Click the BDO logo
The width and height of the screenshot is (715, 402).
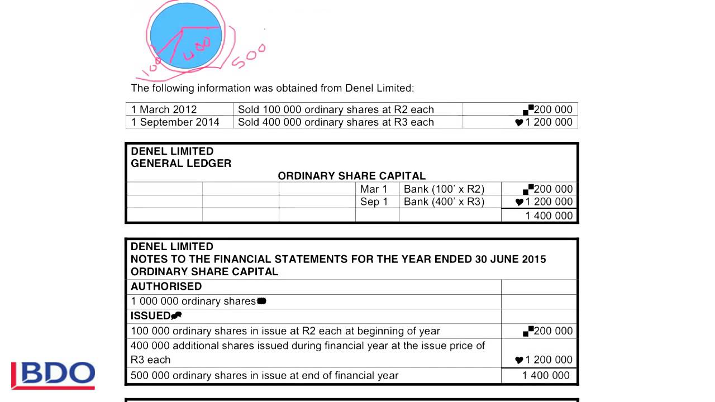click(x=54, y=375)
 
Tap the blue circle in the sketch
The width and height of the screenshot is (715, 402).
click(x=186, y=35)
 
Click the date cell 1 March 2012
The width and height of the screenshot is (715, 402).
click(x=164, y=109)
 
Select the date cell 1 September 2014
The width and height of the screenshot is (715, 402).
click(x=175, y=122)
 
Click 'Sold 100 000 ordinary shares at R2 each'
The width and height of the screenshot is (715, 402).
click(x=336, y=109)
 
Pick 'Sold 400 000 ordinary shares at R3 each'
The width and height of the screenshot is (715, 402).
click(x=336, y=122)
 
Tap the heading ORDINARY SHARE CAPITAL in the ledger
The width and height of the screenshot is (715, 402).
click(x=351, y=176)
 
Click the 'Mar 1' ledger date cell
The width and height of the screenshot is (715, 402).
click(x=374, y=189)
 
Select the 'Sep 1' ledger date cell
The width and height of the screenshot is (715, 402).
click(x=374, y=202)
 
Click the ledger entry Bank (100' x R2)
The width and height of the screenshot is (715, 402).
click(x=444, y=189)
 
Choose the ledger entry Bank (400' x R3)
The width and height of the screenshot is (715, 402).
click(x=444, y=202)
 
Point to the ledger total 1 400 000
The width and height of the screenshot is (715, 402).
click(x=549, y=216)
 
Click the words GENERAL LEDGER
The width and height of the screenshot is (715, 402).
click(x=181, y=164)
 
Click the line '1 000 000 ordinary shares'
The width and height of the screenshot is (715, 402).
click(x=193, y=301)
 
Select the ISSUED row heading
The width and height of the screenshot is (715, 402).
click(x=151, y=316)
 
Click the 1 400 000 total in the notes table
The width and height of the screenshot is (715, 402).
click(x=546, y=375)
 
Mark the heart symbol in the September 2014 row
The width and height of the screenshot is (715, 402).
click(x=519, y=123)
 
